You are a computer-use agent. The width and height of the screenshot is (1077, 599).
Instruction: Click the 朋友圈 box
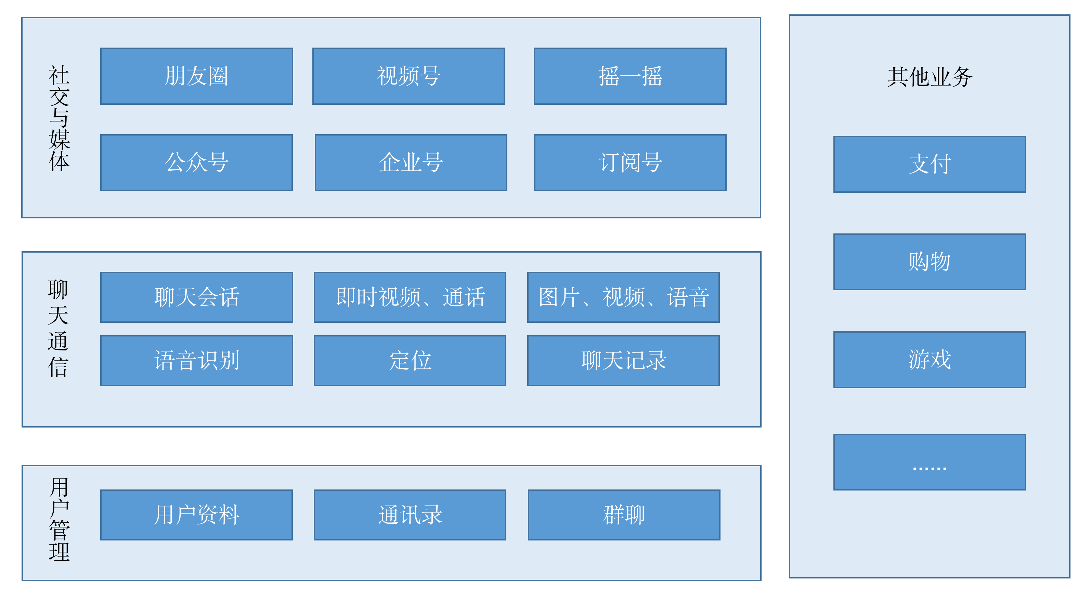pos(196,76)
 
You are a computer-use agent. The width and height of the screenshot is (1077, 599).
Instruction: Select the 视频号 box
pos(408,76)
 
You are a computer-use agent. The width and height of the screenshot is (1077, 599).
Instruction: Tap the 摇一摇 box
pos(630,76)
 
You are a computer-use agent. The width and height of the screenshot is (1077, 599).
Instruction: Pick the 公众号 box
pos(196,163)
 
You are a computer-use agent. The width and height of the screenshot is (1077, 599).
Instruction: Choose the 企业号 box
pos(411,163)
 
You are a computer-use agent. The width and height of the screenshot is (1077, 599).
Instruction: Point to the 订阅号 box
pos(630,163)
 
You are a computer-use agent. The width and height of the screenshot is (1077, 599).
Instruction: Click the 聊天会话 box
pos(196,297)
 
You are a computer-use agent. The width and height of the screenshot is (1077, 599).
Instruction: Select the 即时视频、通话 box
pos(410,297)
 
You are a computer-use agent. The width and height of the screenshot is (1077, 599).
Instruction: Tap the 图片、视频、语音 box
pos(623,297)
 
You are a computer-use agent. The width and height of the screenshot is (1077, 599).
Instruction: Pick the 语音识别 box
pos(196,360)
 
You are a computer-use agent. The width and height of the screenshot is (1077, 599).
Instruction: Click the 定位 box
pos(410,360)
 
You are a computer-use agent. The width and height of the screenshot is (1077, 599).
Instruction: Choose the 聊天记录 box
pos(623,360)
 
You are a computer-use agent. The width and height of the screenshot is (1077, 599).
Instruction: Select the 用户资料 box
pos(196,515)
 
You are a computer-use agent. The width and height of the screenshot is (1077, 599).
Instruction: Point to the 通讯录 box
pos(410,515)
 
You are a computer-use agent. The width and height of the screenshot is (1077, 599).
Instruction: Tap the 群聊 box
pos(624,515)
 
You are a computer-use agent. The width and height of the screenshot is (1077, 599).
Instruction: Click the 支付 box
pos(930,164)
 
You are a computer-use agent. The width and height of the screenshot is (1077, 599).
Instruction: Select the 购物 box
pos(930,262)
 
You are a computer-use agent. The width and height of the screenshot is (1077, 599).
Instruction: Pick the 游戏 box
pos(930,360)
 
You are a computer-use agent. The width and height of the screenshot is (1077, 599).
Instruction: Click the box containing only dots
pos(930,462)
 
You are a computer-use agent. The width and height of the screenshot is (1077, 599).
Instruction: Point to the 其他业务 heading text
pos(930,77)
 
